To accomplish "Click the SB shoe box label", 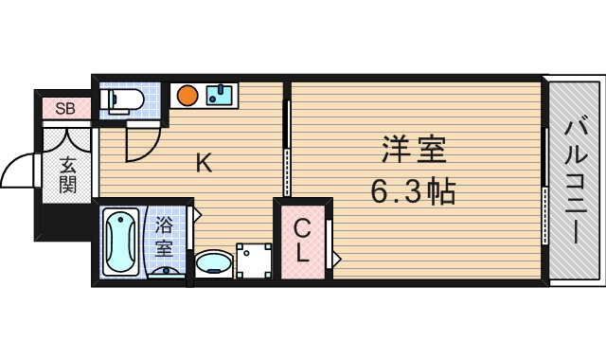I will tap(65, 108).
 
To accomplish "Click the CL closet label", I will tap(302, 241).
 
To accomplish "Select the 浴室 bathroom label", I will tap(164, 238).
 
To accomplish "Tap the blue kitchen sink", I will tap(221, 94).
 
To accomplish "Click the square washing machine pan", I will tap(254, 260).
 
